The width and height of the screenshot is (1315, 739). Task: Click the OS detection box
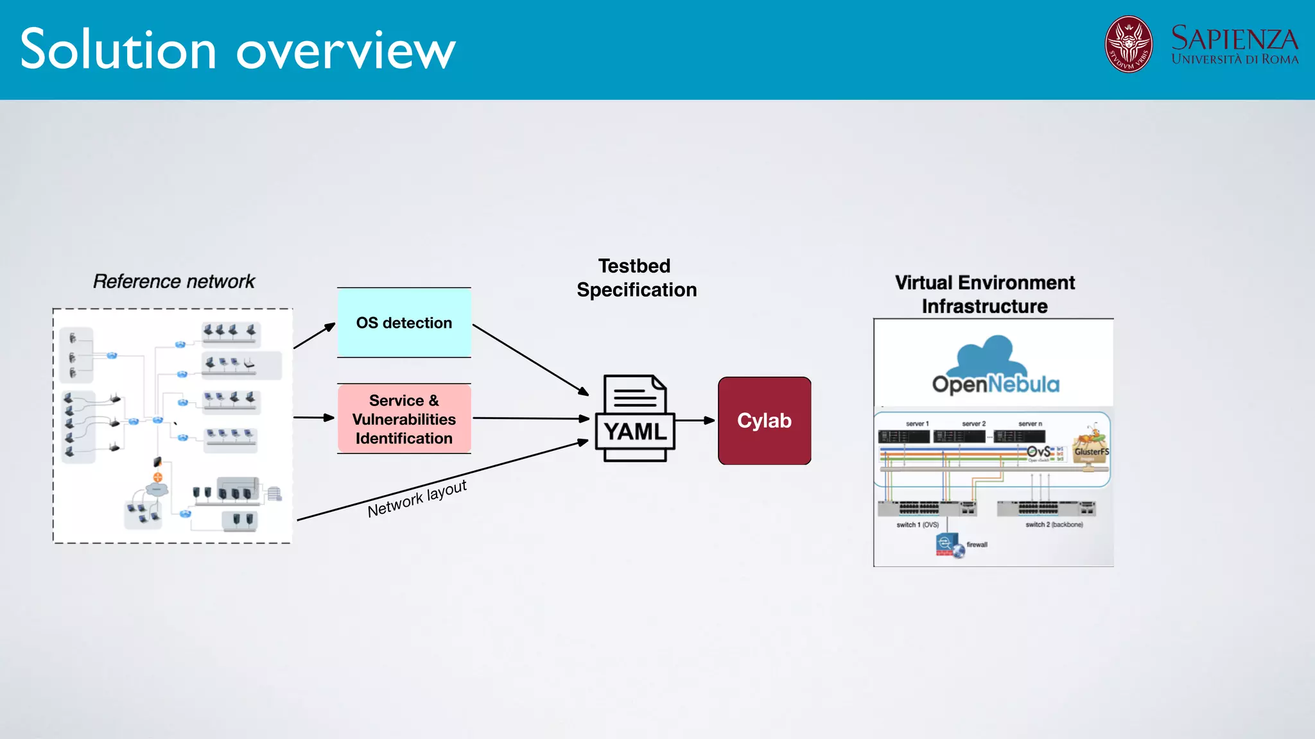[404, 323]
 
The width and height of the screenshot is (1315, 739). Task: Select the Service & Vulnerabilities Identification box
[404, 419]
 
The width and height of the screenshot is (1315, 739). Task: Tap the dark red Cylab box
[764, 421]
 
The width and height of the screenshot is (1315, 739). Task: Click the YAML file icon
[635, 418]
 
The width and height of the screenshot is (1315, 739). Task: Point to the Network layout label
[417, 498]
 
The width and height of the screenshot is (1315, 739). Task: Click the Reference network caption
[173, 282]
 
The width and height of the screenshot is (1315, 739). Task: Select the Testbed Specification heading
[636, 278]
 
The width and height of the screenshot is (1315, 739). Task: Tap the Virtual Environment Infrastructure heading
[984, 294]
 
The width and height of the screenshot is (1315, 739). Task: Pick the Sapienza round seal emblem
[1128, 44]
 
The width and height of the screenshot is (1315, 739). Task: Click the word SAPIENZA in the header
[1234, 38]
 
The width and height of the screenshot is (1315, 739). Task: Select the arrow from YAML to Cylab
[695, 421]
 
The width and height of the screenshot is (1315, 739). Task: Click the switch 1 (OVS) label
[918, 525]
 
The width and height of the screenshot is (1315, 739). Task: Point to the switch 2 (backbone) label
[1054, 525]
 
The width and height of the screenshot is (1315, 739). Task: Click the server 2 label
[973, 424]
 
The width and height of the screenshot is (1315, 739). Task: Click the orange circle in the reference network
[158, 477]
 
